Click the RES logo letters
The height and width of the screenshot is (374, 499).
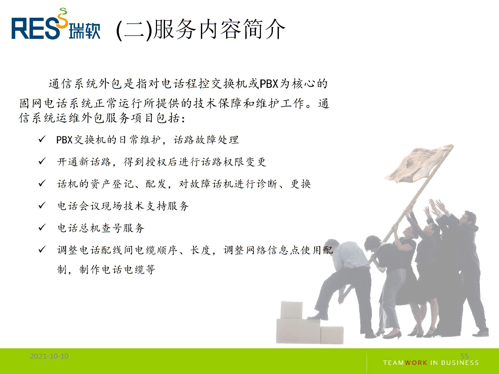pos(35,29)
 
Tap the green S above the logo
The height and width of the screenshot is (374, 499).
pos(63,11)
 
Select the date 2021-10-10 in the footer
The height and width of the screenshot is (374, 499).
pos(49,356)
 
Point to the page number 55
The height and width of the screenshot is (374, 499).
pos(464,356)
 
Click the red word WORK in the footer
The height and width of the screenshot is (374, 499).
pos(416,363)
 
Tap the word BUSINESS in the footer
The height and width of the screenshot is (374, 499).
pos(460,363)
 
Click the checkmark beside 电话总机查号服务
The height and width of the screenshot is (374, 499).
pos(42,228)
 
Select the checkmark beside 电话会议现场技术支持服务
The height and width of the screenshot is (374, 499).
pos(42,206)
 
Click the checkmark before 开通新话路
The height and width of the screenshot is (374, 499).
pos(42,161)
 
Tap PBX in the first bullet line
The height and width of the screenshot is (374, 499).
pos(64,140)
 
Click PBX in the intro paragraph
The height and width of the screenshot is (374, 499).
pos(269,84)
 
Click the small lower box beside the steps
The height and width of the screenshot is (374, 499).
pos(332,335)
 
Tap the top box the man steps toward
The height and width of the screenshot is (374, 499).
pos(291,310)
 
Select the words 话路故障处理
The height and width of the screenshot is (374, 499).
pos(206,140)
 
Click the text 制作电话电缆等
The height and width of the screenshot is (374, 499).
pos(117,269)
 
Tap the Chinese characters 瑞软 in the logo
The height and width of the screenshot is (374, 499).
pos(84,31)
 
